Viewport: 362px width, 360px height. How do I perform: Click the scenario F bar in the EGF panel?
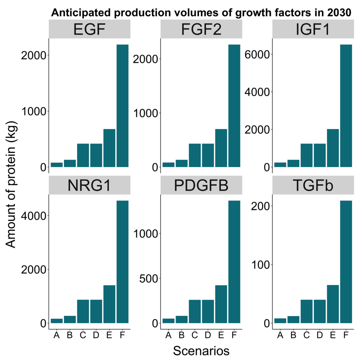pyautogui.click(x=122, y=106)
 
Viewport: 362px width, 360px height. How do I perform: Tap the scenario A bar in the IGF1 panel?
pyautogui.click(x=280, y=165)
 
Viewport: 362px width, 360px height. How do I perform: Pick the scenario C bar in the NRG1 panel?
pyautogui.click(x=83, y=311)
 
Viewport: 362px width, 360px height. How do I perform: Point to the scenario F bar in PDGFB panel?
pyautogui.click(x=234, y=262)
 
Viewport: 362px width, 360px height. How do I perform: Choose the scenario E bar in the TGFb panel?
pyautogui.click(x=333, y=304)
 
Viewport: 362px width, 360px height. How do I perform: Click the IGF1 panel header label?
pyautogui.click(x=313, y=29)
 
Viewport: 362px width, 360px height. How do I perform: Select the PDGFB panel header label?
pyautogui.click(x=201, y=185)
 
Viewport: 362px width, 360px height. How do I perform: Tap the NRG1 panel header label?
pyautogui.click(x=89, y=185)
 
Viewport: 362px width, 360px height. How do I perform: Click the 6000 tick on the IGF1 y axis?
pyautogui.click(x=259, y=54)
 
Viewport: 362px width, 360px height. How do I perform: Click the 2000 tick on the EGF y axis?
pyautogui.click(x=34, y=56)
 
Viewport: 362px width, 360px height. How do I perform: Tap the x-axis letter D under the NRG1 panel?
pyautogui.click(x=96, y=335)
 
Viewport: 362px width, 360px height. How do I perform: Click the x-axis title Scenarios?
pyautogui.click(x=201, y=351)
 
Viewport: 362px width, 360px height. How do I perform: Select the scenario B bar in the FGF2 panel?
pyautogui.click(x=181, y=163)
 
